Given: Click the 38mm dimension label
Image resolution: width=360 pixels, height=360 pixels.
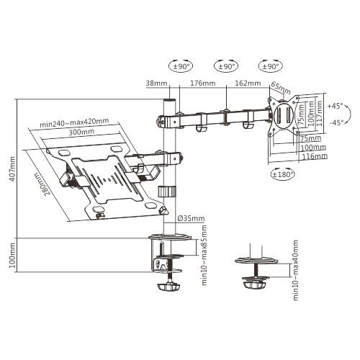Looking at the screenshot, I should [x=156, y=83].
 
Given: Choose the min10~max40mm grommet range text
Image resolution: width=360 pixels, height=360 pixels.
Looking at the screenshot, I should [x=300, y=279].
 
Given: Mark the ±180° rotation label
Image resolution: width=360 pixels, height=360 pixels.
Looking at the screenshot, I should [x=281, y=174].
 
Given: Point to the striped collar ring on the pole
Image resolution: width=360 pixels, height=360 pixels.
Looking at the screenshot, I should [x=168, y=192].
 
